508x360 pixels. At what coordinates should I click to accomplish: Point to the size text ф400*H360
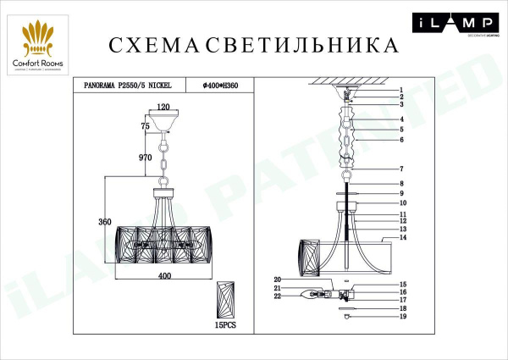[219, 85]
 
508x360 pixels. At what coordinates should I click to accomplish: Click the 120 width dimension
[165, 108]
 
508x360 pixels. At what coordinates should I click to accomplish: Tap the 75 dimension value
[145, 125]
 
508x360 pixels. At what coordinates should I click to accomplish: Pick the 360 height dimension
[105, 222]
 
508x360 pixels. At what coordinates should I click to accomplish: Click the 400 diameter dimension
[164, 277]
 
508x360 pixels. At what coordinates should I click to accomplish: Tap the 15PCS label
[224, 325]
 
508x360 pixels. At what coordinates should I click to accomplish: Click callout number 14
[403, 239]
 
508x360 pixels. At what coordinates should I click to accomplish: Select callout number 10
[403, 203]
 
